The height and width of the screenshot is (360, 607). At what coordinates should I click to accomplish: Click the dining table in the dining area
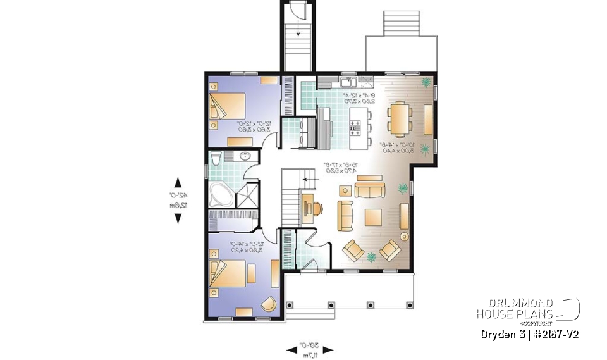398,118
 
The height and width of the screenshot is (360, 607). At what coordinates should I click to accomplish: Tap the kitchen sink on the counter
346,82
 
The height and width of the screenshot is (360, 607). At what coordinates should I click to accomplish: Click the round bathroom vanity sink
245,158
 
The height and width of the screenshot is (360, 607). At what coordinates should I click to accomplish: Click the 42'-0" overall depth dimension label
178,199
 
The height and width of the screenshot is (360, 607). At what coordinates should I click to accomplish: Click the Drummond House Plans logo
527,309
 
